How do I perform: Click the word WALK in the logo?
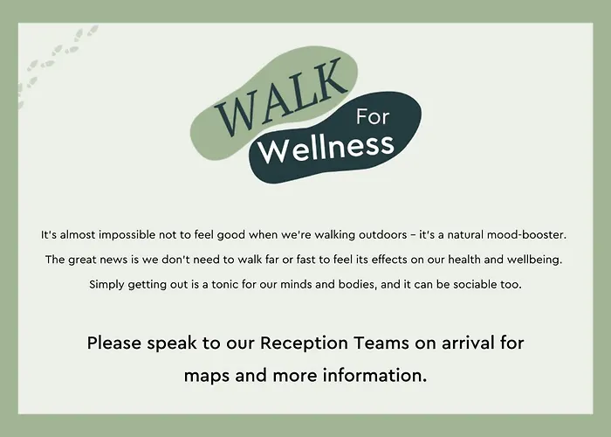[280, 98]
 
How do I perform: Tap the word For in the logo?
[373, 117]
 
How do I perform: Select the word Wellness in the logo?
[326, 149]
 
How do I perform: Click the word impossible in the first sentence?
[127, 235]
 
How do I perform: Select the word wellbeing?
[534, 260]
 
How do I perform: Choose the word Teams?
[381, 343]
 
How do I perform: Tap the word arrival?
[469, 343]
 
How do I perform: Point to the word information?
[374, 375]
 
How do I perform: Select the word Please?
[114, 343]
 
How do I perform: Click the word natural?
[465, 235]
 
